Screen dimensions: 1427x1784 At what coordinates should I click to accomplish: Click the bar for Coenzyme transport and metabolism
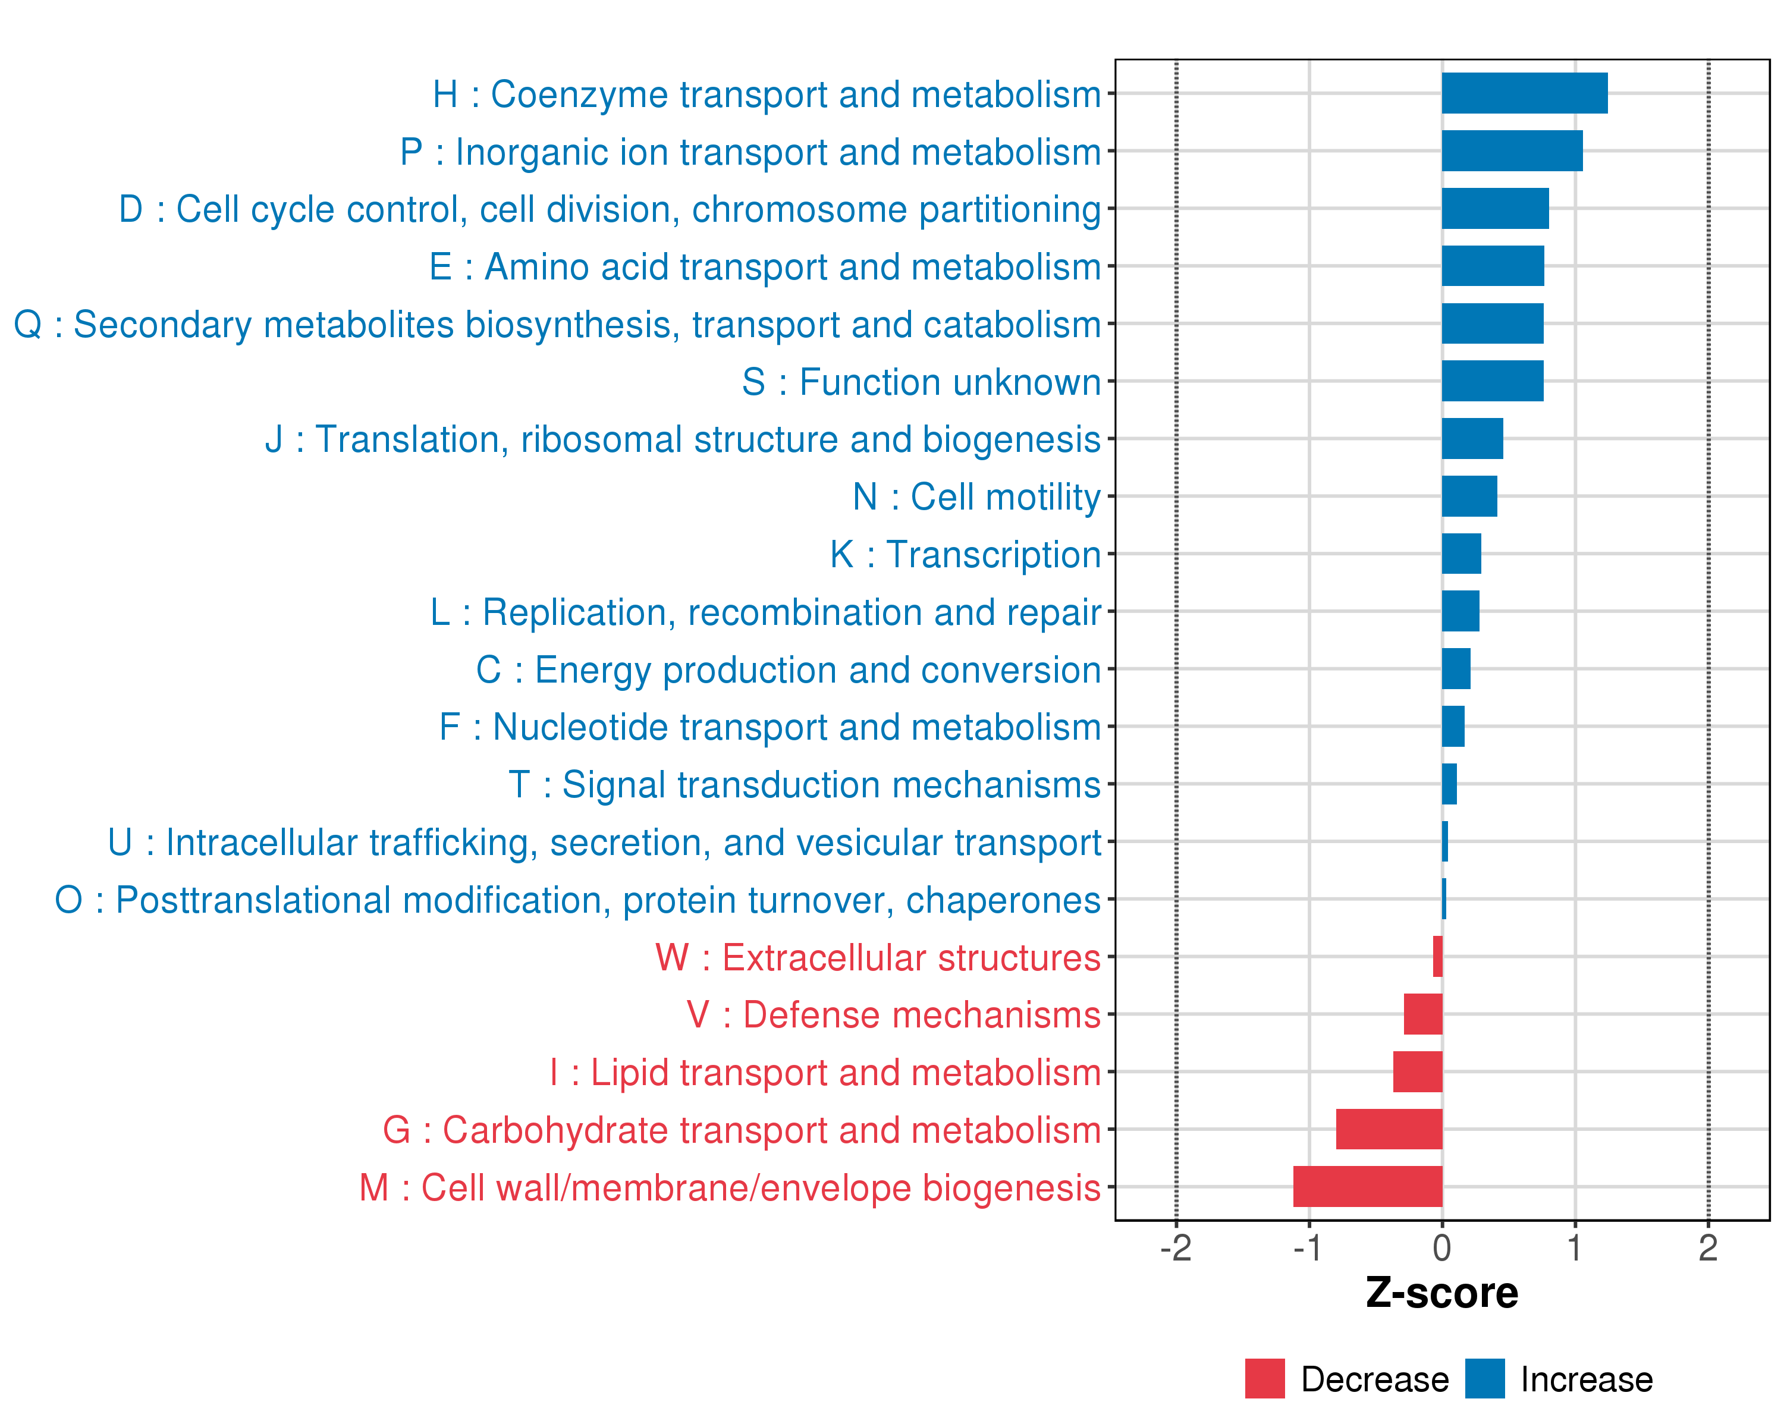click(1524, 93)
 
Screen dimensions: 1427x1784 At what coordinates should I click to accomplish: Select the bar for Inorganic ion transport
click(1512, 150)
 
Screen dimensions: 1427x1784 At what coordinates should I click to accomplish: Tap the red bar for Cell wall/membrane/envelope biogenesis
click(1367, 1186)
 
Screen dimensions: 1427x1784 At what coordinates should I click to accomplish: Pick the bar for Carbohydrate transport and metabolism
click(1389, 1129)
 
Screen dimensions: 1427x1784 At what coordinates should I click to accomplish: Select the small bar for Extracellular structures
click(1437, 956)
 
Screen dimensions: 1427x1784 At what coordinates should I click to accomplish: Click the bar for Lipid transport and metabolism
click(1418, 1071)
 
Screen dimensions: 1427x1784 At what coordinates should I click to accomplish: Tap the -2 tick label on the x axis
click(1175, 1247)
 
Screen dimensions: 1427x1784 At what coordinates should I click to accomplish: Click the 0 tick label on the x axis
click(1441, 1247)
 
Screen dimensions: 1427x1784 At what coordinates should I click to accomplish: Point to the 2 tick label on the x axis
click(1708, 1247)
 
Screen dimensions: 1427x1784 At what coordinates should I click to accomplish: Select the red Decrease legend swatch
click(1264, 1378)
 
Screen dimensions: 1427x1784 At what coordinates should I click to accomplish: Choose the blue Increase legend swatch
click(1484, 1378)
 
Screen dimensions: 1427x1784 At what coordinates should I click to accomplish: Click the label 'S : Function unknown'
click(921, 382)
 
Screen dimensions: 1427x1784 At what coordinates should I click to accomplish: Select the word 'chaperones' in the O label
click(1003, 900)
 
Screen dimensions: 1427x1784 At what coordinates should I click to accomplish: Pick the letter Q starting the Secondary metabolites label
click(28, 324)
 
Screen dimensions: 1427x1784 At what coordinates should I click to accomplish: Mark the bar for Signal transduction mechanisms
click(1449, 784)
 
